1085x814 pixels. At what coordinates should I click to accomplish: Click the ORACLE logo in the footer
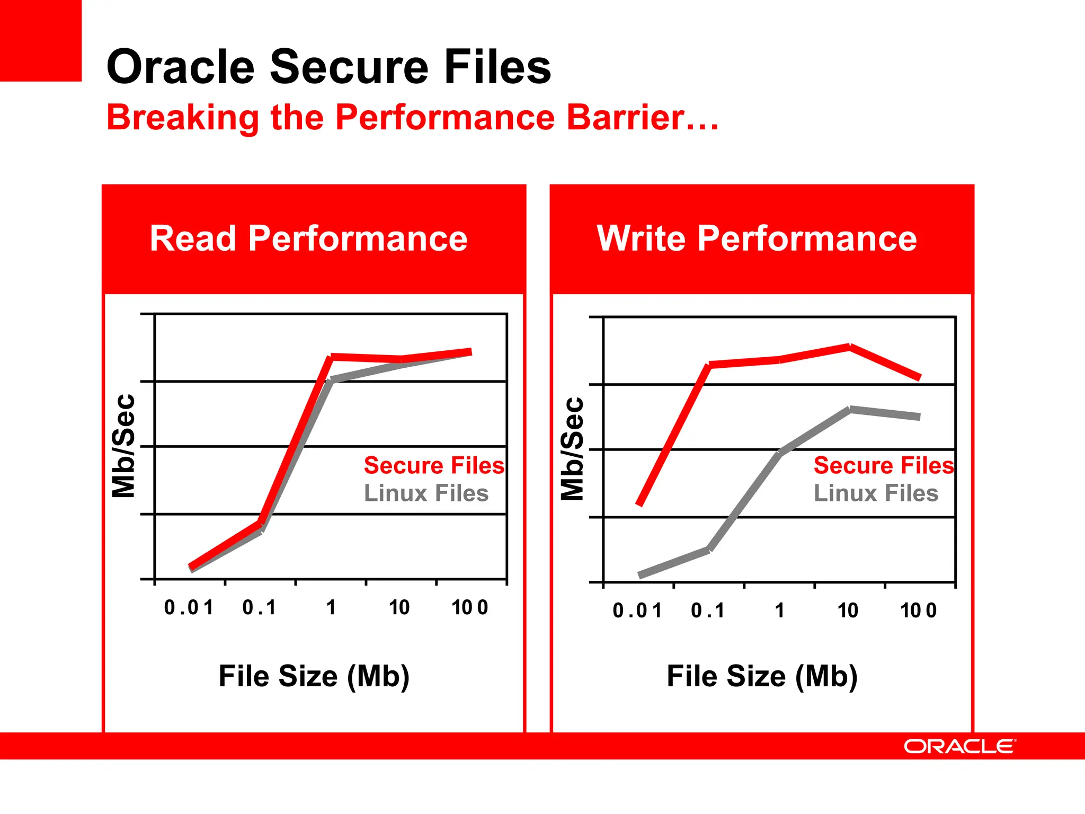959,746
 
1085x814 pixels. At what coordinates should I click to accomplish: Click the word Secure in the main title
349,67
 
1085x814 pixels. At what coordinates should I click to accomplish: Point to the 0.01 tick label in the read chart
189,607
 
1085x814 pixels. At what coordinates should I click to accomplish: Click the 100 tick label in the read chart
469,607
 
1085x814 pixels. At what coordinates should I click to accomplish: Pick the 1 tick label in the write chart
779,610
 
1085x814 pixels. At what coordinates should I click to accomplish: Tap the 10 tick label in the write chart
848,610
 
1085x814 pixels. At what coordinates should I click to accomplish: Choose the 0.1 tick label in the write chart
708,610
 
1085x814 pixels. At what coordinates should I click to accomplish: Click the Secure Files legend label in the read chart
434,465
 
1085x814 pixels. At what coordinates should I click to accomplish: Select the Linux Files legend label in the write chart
876,493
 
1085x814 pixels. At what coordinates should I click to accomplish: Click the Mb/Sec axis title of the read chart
123,446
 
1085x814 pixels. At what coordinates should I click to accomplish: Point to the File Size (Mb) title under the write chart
762,676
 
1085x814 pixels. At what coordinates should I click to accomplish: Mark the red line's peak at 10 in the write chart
850,347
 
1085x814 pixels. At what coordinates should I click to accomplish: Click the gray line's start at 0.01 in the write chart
639,575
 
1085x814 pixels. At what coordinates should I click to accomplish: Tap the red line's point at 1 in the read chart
332,357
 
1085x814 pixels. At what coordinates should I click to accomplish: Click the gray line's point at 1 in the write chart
780,453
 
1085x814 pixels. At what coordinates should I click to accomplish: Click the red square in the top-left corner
40,40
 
